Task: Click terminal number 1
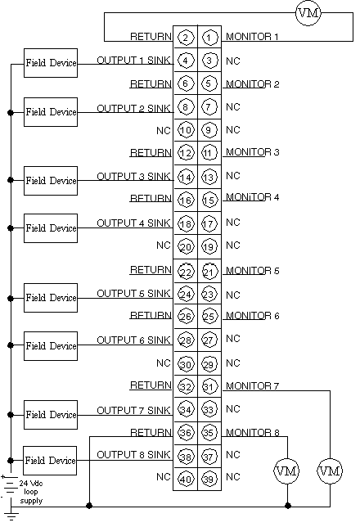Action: click(209, 38)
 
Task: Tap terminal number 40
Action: click(186, 479)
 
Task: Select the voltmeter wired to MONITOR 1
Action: click(308, 13)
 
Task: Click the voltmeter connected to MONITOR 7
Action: click(330, 471)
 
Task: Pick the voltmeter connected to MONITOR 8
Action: click(286, 471)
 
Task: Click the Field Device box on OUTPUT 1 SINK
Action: click(51, 63)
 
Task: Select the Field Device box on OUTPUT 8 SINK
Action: click(50, 461)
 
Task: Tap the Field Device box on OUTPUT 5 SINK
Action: click(51, 298)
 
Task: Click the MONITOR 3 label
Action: click(253, 152)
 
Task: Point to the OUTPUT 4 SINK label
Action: click(134, 223)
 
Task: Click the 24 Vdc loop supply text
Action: click(31, 492)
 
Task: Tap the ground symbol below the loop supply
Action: click(11, 516)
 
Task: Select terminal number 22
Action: click(186, 271)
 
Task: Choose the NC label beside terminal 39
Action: click(233, 477)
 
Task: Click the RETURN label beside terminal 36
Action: click(151, 432)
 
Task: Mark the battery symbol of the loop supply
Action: click(11, 485)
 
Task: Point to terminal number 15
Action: click(209, 200)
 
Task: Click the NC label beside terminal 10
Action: click(164, 130)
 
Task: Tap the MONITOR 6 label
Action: click(253, 316)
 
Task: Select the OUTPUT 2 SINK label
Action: click(134, 109)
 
